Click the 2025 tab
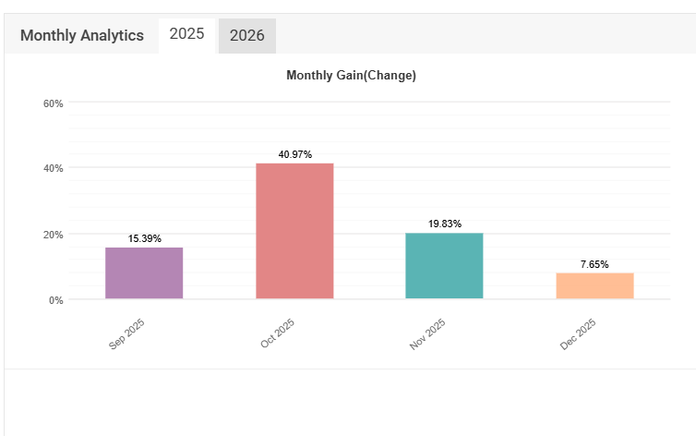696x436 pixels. [186, 35]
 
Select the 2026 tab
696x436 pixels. [246, 36]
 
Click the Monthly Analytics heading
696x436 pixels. [82, 36]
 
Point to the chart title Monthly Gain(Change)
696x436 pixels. [351, 75]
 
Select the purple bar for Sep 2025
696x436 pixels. [144, 273]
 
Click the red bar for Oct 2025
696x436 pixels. [294, 231]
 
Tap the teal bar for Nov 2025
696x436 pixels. [444, 266]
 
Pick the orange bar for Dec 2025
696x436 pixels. [594, 286]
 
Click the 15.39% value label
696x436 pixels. [145, 238]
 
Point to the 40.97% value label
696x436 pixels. [294, 154]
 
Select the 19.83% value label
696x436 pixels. [444, 224]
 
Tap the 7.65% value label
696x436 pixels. [594, 264]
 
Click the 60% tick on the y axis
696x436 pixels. [54, 103]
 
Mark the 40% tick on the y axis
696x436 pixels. [54, 168]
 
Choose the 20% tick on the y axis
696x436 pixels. [54, 235]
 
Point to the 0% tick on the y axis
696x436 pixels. [56, 300]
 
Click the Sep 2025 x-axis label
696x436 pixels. [127, 334]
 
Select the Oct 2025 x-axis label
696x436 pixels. [277, 334]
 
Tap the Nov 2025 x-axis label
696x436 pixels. [427, 334]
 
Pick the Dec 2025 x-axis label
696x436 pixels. [578, 334]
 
